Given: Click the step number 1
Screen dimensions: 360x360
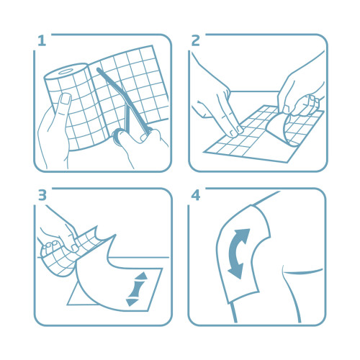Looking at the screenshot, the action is click(x=42, y=41).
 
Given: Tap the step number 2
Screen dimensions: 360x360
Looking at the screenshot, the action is click(x=196, y=41).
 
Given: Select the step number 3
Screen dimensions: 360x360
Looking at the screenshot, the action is click(x=42, y=195).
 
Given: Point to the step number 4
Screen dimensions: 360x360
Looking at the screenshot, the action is click(x=196, y=195).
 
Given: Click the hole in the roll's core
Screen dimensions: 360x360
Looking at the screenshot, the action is click(x=66, y=71).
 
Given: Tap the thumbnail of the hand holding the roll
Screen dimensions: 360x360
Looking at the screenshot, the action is click(x=66, y=99).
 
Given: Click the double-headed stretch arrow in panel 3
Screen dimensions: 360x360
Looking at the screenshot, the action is click(x=138, y=289).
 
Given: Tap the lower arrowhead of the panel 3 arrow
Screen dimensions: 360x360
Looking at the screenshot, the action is click(x=132, y=302).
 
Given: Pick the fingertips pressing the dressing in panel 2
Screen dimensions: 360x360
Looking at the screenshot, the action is click(x=236, y=131).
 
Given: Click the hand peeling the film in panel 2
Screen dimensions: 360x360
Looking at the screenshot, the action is click(x=300, y=96).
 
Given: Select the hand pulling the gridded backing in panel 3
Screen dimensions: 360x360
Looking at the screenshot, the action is click(x=58, y=236).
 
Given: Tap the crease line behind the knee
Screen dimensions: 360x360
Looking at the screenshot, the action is click(x=303, y=271).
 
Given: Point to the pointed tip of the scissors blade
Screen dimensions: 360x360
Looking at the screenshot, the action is click(x=98, y=69).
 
